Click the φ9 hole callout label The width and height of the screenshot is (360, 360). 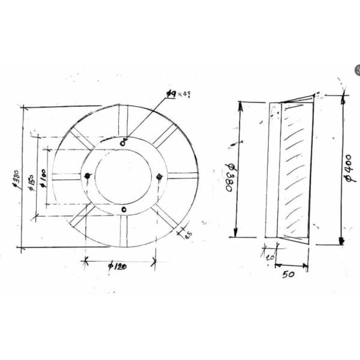tap(175, 95)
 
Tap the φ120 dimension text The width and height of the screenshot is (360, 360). tap(116, 267)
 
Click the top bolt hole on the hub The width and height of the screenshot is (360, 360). tap(123, 142)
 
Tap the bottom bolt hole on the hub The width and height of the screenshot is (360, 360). tap(124, 209)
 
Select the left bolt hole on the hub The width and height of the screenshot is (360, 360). tap(88, 176)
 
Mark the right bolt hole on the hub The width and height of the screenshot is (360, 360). tap(159, 176)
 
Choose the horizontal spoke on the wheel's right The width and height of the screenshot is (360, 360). tap(182, 176)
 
